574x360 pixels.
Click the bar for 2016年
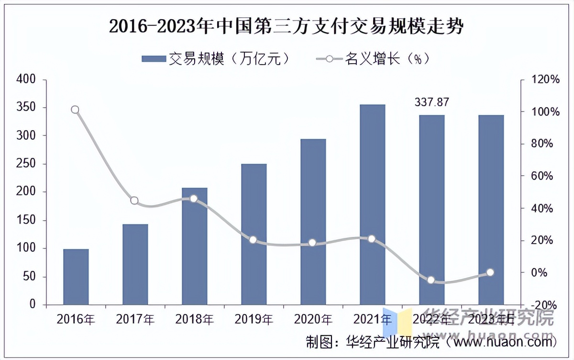point(76,277)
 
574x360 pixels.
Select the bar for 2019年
point(254,234)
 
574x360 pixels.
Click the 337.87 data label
point(431,102)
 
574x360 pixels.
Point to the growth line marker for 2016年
point(75,110)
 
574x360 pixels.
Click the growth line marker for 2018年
point(194,198)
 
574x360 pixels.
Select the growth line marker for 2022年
point(431,280)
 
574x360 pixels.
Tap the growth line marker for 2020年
point(312,243)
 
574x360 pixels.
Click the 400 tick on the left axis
point(26,79)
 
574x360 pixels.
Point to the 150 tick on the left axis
point(26,220)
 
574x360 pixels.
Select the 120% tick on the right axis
point(545,79)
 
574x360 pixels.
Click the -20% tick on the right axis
point(545,305)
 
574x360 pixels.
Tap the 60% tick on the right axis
point(545,176)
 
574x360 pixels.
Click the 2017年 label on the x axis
point(135,319)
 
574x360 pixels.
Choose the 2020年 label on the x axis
point(313,319)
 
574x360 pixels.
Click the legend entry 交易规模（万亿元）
point(216,59)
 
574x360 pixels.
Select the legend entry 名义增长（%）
point(374,59)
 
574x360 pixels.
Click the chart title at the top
point(287,27)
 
